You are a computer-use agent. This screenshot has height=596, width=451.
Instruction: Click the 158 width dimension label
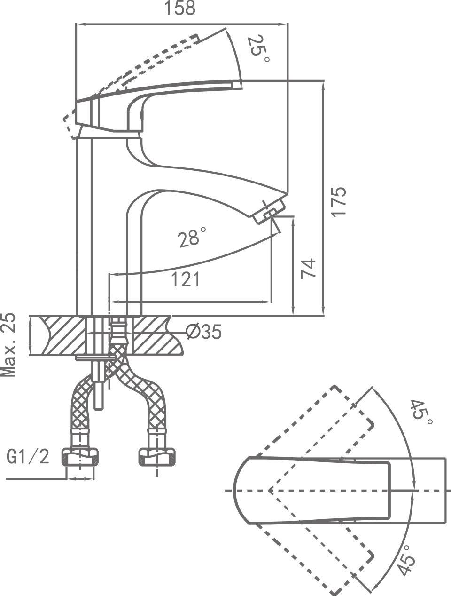coord(181,8)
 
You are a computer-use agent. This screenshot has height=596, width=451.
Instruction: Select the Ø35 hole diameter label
coord(203,332)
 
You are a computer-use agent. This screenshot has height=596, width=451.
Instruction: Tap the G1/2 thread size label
coord(28,456)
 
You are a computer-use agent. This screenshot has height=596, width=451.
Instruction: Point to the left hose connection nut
coord(80,456)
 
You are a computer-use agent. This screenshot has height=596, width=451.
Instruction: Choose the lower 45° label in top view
coord(407,560)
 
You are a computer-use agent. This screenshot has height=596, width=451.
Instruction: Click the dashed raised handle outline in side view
coord(141,66)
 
